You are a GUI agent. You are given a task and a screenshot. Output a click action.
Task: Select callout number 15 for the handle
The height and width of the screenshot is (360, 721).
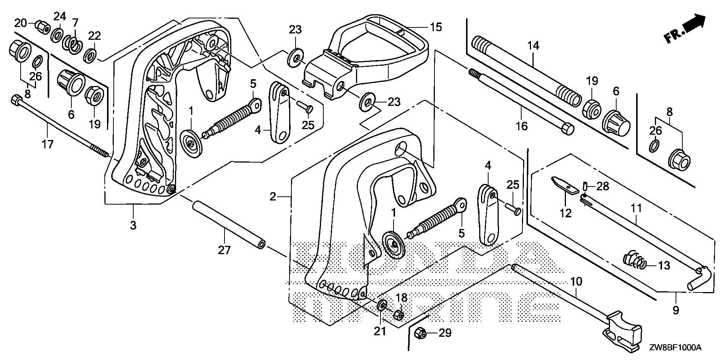[436, 27]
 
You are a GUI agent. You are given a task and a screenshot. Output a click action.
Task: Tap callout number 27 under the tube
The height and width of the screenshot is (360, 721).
[224, 250]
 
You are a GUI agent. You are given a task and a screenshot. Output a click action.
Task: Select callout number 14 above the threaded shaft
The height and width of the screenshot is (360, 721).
[533, 46]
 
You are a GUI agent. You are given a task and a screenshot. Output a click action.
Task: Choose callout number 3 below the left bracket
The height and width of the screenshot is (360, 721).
[133, 225]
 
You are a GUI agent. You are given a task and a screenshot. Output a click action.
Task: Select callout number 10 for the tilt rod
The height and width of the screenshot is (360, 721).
[576, 281]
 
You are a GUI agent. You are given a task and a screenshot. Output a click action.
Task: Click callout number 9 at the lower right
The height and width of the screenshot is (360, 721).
[676, 310]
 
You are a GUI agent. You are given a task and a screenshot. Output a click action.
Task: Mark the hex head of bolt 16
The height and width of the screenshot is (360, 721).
[567, 129]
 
